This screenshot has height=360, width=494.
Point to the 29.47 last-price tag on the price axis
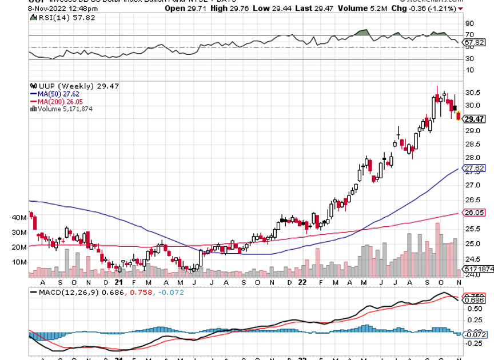[x=475, y=119]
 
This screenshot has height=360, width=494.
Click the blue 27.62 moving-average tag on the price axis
[x=475, y=169]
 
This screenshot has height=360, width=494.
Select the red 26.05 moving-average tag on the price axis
[x=475, y=213]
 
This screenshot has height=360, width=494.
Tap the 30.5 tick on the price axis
[x=472, y=93]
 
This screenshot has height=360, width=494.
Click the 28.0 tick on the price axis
[x=472, y=158]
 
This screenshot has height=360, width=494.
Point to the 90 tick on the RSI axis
[x=470, y=23]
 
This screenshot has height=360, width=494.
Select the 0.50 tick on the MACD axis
[x=472, y=309]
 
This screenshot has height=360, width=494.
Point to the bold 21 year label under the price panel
[x=118, y=282]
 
